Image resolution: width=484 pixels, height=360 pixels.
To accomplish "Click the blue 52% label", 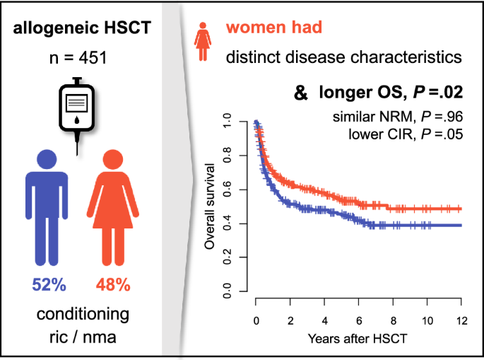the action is point(49,284).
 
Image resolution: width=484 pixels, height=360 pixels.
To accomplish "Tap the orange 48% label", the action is point(113,284).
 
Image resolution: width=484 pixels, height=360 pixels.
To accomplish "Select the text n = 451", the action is point(78,58).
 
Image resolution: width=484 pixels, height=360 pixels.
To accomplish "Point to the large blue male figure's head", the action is point(47,159).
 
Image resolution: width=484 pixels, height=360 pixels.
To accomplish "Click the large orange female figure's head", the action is point(113,159).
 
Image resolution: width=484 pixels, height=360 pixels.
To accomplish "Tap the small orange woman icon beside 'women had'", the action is point(203,42).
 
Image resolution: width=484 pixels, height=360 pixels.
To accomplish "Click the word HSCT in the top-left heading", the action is point(127,28).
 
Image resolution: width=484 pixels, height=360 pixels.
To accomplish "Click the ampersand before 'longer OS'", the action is point(301,93).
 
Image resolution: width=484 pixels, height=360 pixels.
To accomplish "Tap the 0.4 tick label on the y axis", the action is point(227,223).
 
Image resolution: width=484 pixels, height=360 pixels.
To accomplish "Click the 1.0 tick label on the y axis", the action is point(227,121).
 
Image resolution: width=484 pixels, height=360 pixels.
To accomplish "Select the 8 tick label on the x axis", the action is point(394,321).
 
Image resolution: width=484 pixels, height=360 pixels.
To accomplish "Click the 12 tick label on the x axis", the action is point(462,321).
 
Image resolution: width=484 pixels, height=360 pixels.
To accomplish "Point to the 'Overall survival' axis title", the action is point(210,207).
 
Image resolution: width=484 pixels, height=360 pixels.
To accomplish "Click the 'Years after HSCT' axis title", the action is point(358,339).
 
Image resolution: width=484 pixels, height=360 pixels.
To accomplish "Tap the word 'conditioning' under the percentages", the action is point(83,315).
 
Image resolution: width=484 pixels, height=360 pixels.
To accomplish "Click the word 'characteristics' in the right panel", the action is point(406,57).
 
